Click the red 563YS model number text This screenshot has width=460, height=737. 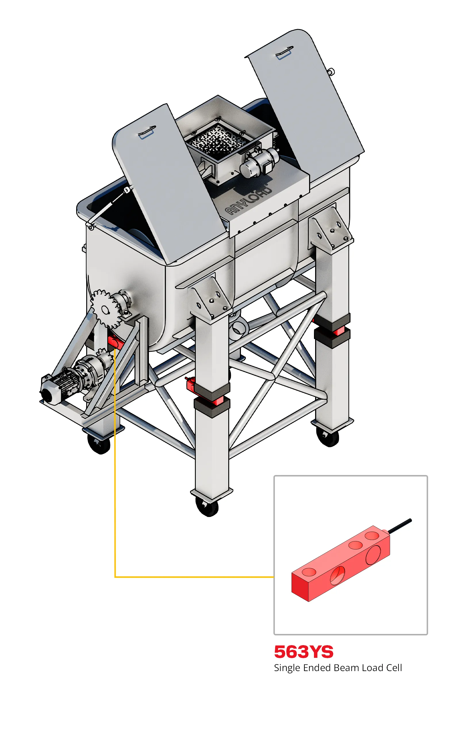pos(304,652)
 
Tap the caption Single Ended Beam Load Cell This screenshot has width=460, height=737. pos(338,668)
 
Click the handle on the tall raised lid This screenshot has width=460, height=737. pos(284,52)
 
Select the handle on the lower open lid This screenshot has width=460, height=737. pos(147,132)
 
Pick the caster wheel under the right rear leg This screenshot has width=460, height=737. pos(327,436)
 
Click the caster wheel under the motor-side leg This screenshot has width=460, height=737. pos(99,444)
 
